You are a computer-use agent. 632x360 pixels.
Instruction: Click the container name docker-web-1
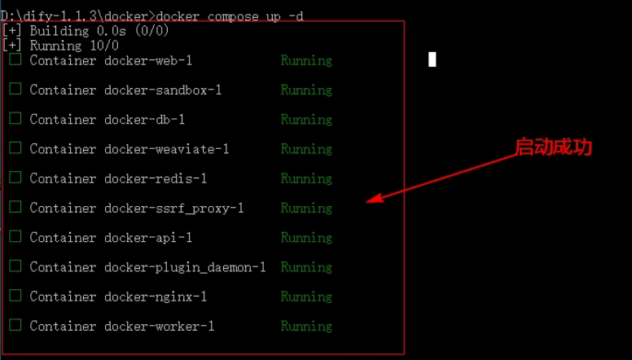[148, 60]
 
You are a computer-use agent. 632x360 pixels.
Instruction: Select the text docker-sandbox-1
[163, 90]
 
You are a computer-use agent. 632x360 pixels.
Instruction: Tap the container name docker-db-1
[144, 120]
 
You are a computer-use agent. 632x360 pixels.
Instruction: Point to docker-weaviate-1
[166, 149]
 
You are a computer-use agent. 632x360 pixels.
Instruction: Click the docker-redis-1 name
[156, 178]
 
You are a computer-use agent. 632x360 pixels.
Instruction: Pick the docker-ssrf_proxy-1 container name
[173, 209]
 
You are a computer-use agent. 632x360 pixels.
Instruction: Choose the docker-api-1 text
[148, 238]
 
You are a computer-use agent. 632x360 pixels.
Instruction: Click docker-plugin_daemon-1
[185, 267]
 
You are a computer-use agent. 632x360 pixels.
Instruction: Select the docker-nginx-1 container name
[156, 296]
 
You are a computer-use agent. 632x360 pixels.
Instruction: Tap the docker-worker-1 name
[159, 326]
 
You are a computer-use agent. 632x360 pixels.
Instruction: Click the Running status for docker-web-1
[306, 60]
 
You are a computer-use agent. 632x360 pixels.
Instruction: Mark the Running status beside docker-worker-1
[306, 326]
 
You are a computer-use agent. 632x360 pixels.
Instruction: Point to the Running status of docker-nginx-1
[306, 296]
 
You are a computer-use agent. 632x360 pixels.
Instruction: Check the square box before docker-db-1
[15, 119]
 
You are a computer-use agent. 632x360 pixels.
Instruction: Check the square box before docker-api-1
[15, 237]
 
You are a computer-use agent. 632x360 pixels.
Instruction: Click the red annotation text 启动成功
[553, 147]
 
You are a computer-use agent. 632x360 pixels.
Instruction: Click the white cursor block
[432, 59]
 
